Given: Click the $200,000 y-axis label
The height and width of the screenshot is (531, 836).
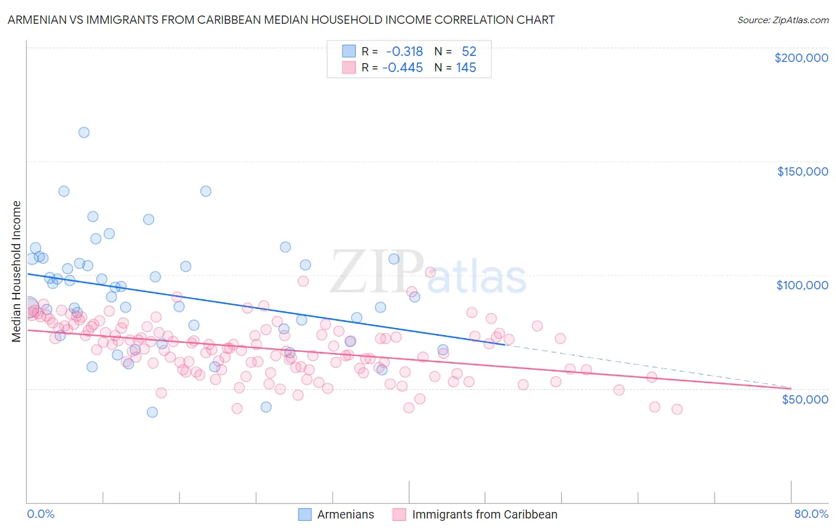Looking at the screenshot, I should point(801,58).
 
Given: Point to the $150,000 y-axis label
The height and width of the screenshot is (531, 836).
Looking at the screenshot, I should point(802,171).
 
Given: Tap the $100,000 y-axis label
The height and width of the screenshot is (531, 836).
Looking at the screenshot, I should point(802,285).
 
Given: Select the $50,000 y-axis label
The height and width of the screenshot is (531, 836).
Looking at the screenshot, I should point(804,399).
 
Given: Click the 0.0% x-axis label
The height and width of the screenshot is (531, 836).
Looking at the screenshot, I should point(40,514).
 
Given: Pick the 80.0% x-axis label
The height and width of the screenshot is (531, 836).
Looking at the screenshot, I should point(811,514).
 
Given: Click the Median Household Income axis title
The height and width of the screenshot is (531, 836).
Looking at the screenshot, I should point(17,271).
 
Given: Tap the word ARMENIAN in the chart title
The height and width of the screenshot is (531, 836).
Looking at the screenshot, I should point(37,20).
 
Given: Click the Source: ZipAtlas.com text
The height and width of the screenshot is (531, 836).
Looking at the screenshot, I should point(782,20).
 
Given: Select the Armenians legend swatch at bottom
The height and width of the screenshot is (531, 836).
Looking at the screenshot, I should point(304,514).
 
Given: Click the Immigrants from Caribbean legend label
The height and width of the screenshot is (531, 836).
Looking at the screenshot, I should point(485,514).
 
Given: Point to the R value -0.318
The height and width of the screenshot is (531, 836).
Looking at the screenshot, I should point(404,52).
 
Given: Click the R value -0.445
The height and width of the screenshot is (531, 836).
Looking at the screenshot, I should point(403,68).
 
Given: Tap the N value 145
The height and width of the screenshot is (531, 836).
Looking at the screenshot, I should point(466,68).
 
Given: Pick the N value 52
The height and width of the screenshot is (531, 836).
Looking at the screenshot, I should point(469,52).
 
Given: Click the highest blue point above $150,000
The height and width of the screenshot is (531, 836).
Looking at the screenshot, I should point(84,132).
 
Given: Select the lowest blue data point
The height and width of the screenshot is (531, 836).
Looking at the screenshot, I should point(152,412).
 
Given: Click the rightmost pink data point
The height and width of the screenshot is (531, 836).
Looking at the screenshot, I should point(677,409).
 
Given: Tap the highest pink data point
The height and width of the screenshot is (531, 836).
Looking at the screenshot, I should point(430,272).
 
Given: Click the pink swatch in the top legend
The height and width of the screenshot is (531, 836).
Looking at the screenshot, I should point(348,68).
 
